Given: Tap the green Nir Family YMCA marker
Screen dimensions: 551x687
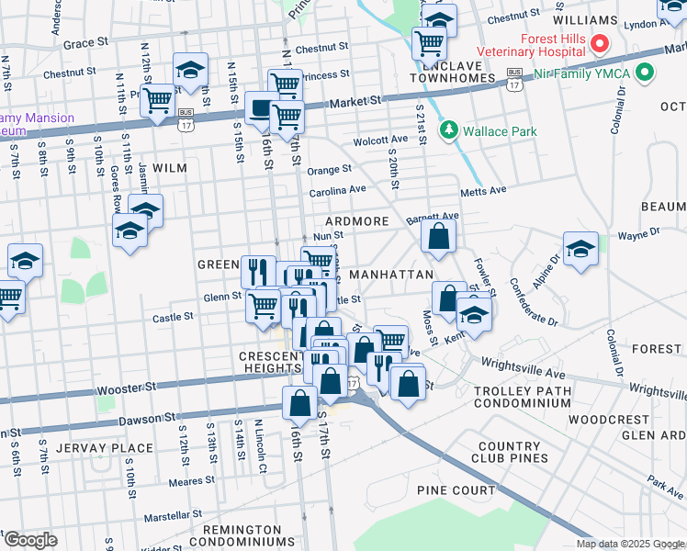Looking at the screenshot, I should (x=645, y=72).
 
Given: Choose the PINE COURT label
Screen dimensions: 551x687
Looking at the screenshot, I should (x=456, y=491).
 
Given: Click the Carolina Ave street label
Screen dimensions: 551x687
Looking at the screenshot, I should (x=336, y=189).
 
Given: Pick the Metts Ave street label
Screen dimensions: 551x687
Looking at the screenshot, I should (x=483, y=191).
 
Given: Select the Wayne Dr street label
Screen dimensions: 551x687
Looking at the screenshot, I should (x=638, y=233).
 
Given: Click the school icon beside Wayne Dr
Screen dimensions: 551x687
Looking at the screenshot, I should (x=580, y=249).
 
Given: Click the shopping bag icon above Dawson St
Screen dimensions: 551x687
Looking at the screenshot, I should (x=300, y=401).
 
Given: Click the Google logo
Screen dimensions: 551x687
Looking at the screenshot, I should (x=30, y=540).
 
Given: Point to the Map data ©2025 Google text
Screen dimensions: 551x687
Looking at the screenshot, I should (x=629, y=544).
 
